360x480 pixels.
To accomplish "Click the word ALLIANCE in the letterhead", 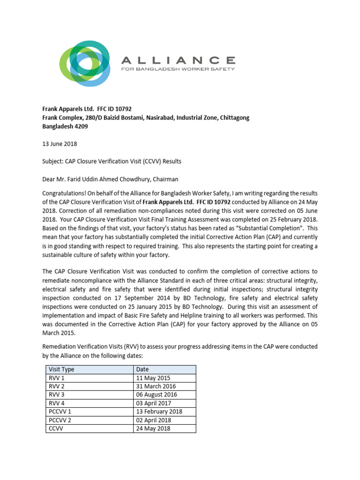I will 178,60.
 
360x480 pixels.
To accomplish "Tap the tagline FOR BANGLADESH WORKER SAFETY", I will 178,69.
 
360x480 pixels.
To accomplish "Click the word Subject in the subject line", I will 54,161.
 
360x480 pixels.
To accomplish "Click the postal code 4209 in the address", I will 80,126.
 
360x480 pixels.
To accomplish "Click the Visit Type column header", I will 61,369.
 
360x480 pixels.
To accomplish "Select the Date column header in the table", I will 142,369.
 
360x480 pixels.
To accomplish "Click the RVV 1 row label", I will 56,378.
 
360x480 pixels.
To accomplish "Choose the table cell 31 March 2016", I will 156,386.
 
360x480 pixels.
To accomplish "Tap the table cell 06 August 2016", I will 157,395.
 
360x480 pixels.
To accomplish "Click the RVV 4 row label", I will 57,403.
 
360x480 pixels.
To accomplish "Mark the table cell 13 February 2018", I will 159,412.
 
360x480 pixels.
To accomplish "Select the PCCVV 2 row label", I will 60,420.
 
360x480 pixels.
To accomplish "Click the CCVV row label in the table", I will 56,428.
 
